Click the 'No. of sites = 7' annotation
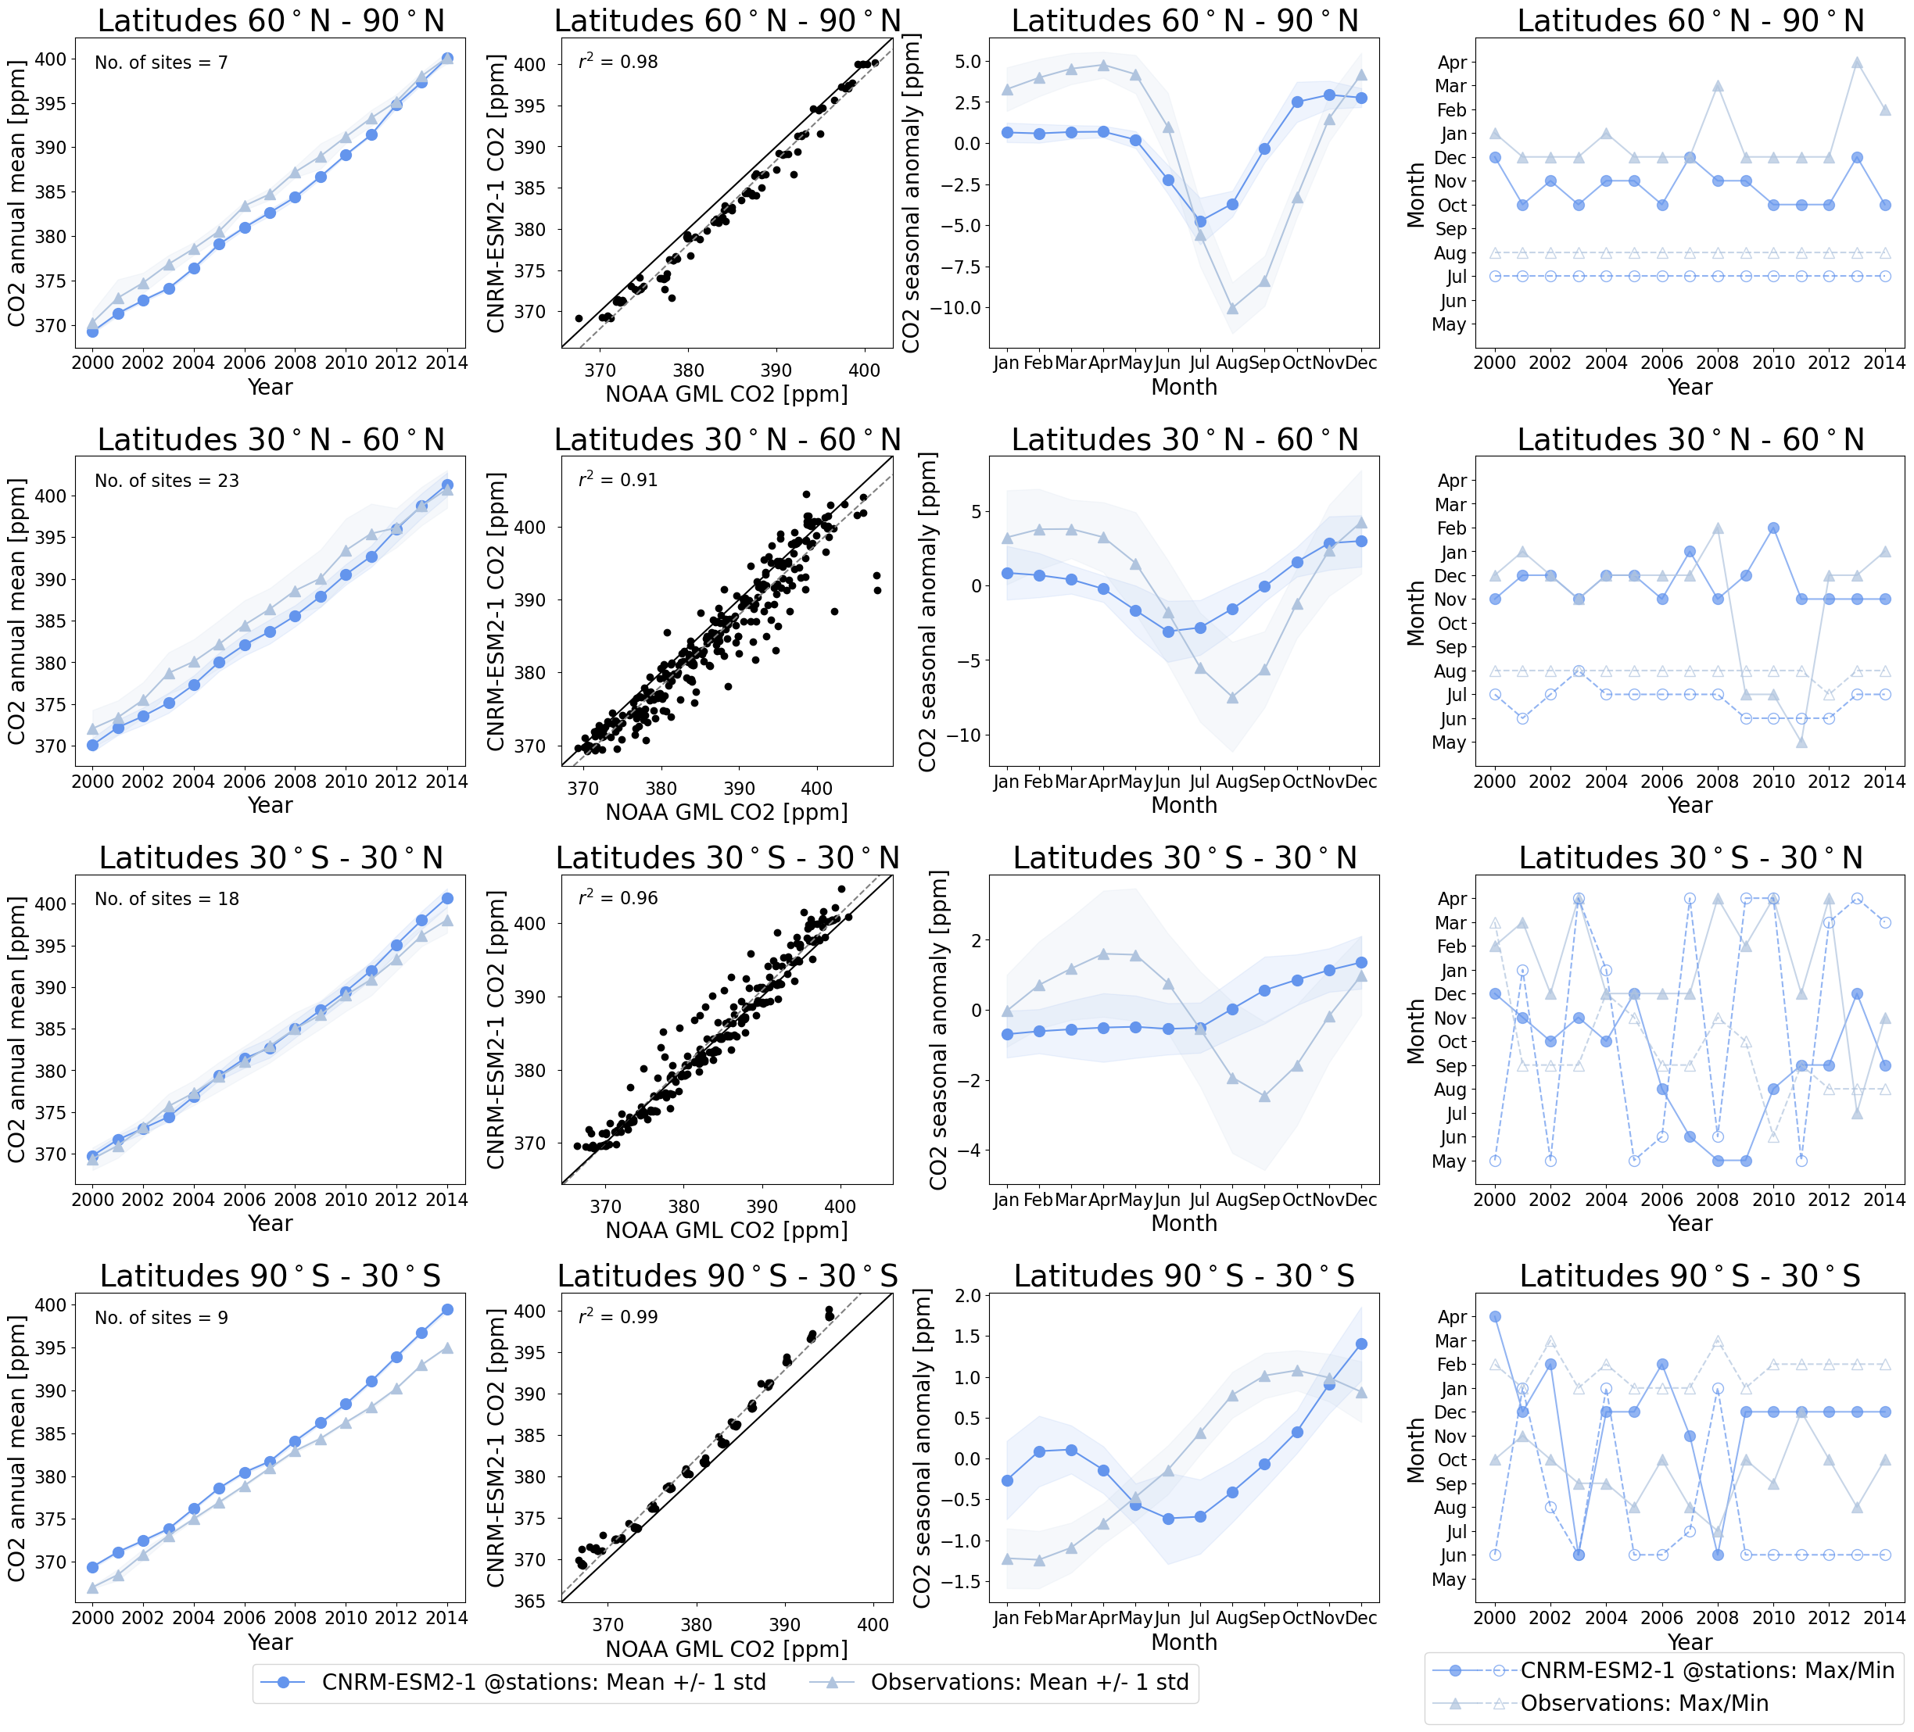160,63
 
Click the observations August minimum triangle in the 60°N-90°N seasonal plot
1232,309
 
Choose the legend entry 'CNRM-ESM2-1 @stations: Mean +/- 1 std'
543,1682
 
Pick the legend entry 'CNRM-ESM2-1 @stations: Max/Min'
1707,1670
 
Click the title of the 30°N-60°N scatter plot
727,439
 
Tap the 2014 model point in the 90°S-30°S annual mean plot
447,1310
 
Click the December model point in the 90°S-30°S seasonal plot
1361,1344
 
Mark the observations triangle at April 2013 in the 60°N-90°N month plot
1857,63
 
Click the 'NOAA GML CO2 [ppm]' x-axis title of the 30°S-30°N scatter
726,1230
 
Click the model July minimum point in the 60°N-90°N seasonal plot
1200,221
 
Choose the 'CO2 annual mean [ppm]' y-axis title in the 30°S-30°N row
16,1029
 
